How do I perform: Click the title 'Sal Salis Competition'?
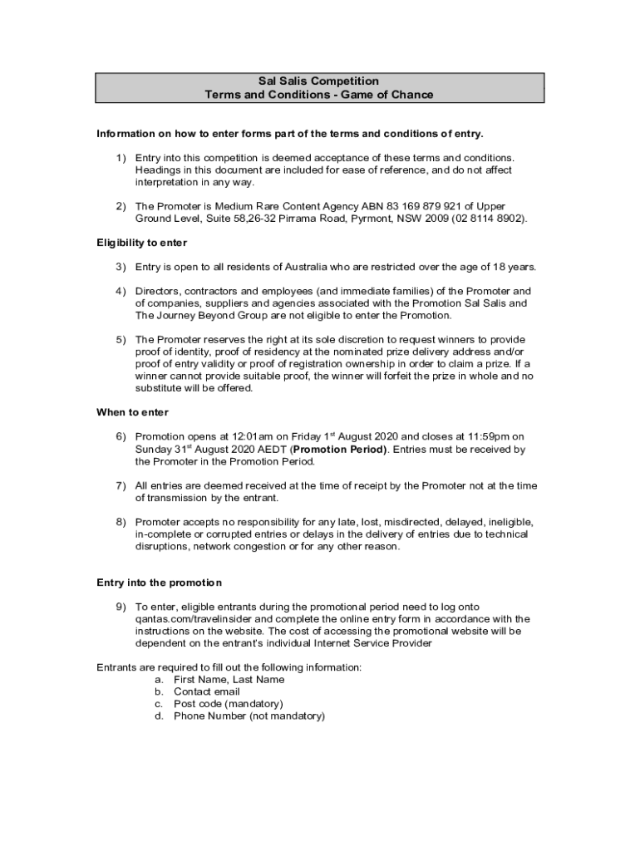319,81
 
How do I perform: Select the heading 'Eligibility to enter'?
142,243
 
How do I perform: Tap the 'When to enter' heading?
132,412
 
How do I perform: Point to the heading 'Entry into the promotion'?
159,583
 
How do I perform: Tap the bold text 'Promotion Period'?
339,450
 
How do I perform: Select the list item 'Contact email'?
206,691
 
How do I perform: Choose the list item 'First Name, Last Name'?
229,680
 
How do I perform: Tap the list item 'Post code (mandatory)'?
228,704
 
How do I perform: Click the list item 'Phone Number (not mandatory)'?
249,716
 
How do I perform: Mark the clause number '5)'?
121,339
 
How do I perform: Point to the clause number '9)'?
121,607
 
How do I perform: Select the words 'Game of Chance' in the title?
393,95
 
